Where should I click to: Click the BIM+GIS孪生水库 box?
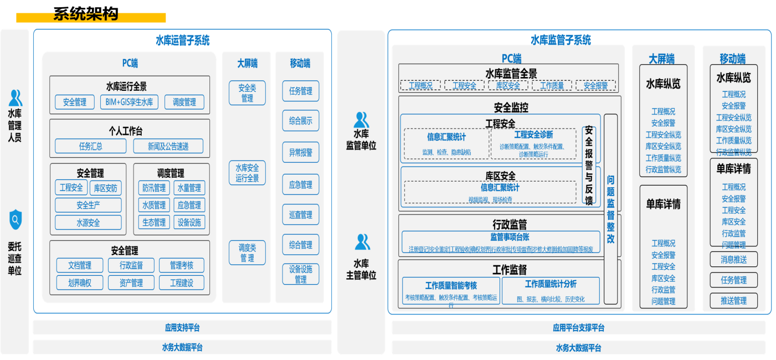(x=130, y=102)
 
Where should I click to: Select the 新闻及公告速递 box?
(x=168, y=146)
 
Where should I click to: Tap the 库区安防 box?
(x=105, y=188)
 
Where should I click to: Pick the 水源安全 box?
(x=88, y=223)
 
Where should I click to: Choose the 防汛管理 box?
(x=153, y=188)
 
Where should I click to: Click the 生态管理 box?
(x=153, y=223)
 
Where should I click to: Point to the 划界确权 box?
(x=80, y=283)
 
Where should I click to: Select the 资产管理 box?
(x=131, y=283)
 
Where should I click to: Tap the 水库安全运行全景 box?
(x=247, y=172)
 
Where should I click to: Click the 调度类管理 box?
(x=247, y=253)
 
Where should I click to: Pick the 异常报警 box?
(x=300, y=152)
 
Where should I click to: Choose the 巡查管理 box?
(x=300, y=215)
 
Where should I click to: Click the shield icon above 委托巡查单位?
(x=16, y=220)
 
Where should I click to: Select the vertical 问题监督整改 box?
(x=610, y=209)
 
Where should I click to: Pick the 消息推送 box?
(x=733, y=259)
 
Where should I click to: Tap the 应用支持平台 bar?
(x=182, y=327)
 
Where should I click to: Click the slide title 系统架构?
(x=86, y=14)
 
